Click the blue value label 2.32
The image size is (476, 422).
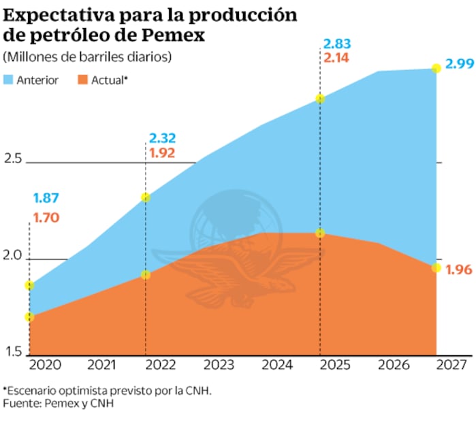pyautogui.click(x=162, y=138)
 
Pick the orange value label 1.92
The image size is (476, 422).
pyautogui.click(x=162, y=153)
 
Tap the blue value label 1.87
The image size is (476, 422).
pyautogui.click(x=46, y=199)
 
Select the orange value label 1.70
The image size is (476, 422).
pyautogui.click(x=46, y=218)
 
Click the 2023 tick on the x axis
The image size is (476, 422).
pyautogui.click(x=219, y=365)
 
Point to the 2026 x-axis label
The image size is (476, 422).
pyautogui.click(x=393, y=365)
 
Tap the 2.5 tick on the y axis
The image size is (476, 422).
pyautogui.click(x=13, y=159)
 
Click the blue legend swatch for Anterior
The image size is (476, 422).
pyautogui.click(x=9, y=80)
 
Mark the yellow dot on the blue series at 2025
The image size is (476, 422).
pyautogui.click(x=320, y=99)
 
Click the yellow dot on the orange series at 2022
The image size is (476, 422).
pyautogui.click(x=145, y=274)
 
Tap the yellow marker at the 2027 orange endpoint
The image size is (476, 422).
pyautogui.click(x=436, y=267)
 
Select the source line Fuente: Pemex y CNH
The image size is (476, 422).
pyautogui.click(x=58, y=404)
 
